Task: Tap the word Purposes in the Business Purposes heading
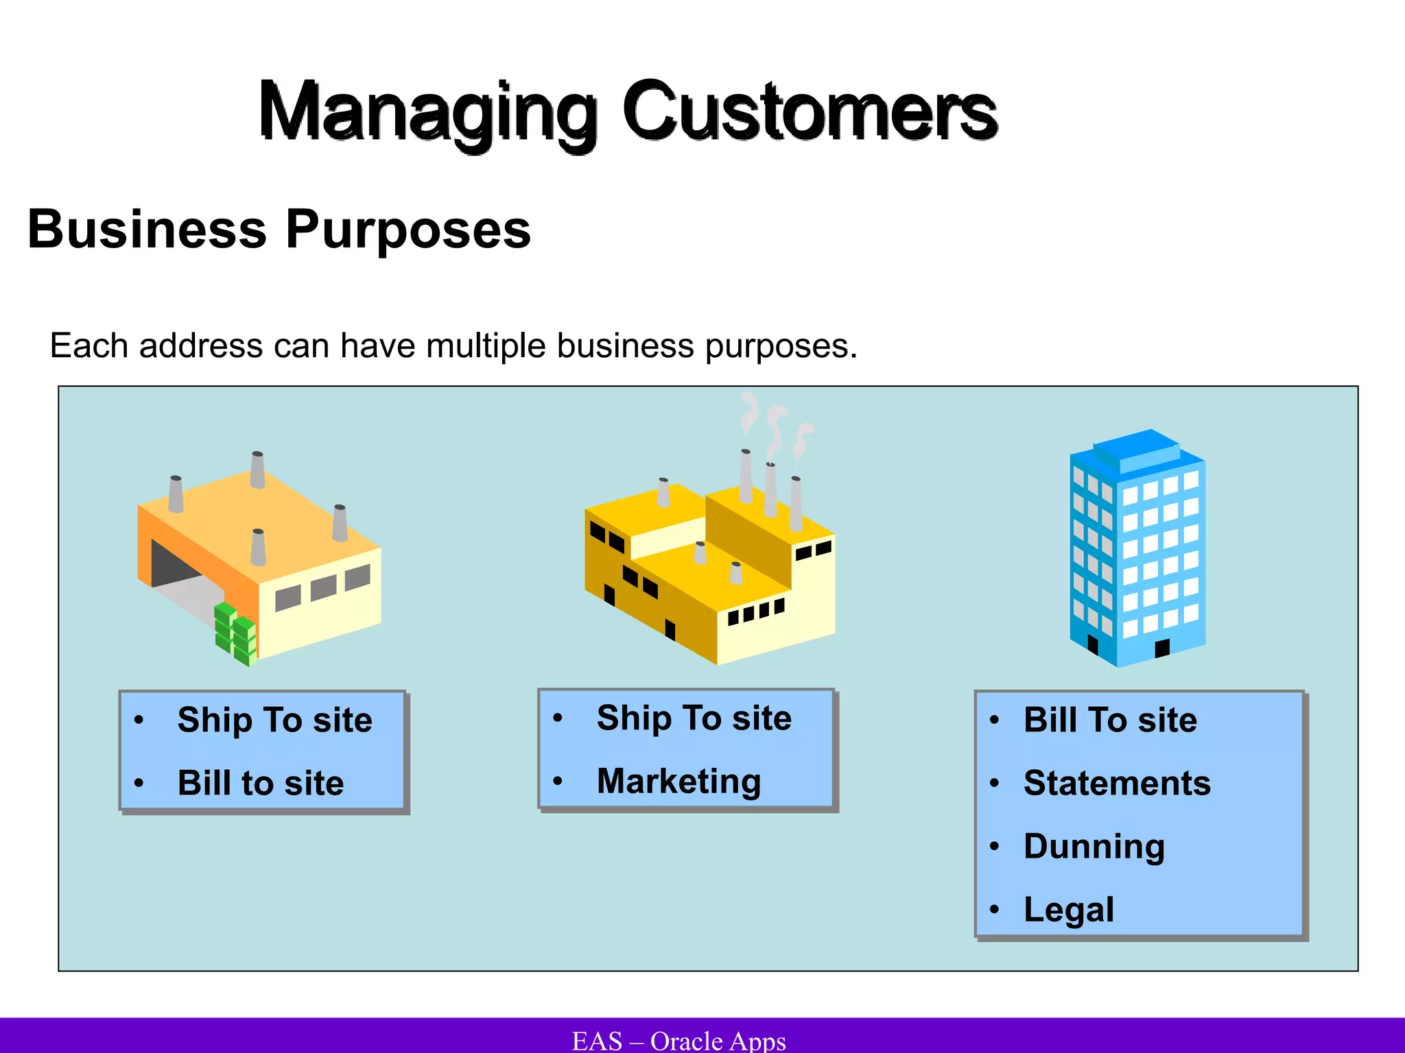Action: [408, 230]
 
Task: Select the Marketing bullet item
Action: [678, 782]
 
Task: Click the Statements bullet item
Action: [1117, 783]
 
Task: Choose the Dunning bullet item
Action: [1094, 847]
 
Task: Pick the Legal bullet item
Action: [1068, 910]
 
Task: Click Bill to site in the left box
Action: [261, 783]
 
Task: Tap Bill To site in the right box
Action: [1110, 720]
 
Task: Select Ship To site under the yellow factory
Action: [694, 718]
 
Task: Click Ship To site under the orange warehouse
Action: [274, 720]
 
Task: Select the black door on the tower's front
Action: [1161, 648]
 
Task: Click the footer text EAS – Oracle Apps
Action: [678, 1041]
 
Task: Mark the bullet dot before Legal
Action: [993, 910]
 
